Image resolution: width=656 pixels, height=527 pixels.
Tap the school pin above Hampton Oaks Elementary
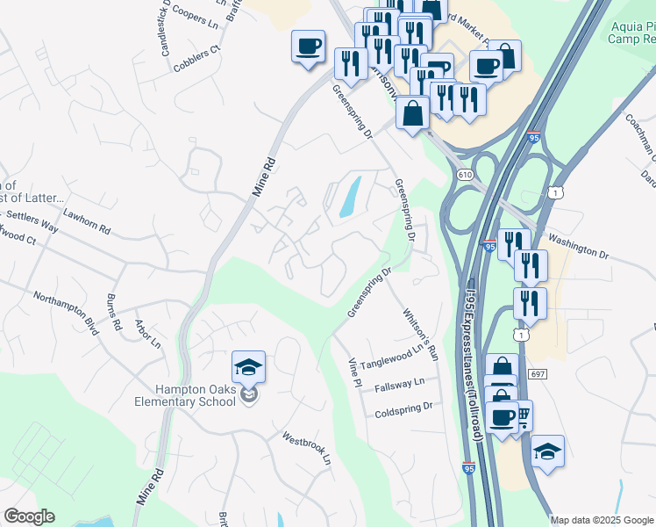[249, 368]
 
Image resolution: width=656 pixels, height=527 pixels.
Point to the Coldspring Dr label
[403, 410]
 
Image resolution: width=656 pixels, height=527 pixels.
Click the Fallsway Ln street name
[399, 383]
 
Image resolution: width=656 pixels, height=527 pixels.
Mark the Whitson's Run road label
[419, 335]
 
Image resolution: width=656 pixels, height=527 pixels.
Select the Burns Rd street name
[114, 311]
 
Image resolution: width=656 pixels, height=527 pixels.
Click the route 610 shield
[464, 176]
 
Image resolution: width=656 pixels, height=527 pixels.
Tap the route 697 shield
[538, 374]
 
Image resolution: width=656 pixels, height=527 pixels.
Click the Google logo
[29, 516]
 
